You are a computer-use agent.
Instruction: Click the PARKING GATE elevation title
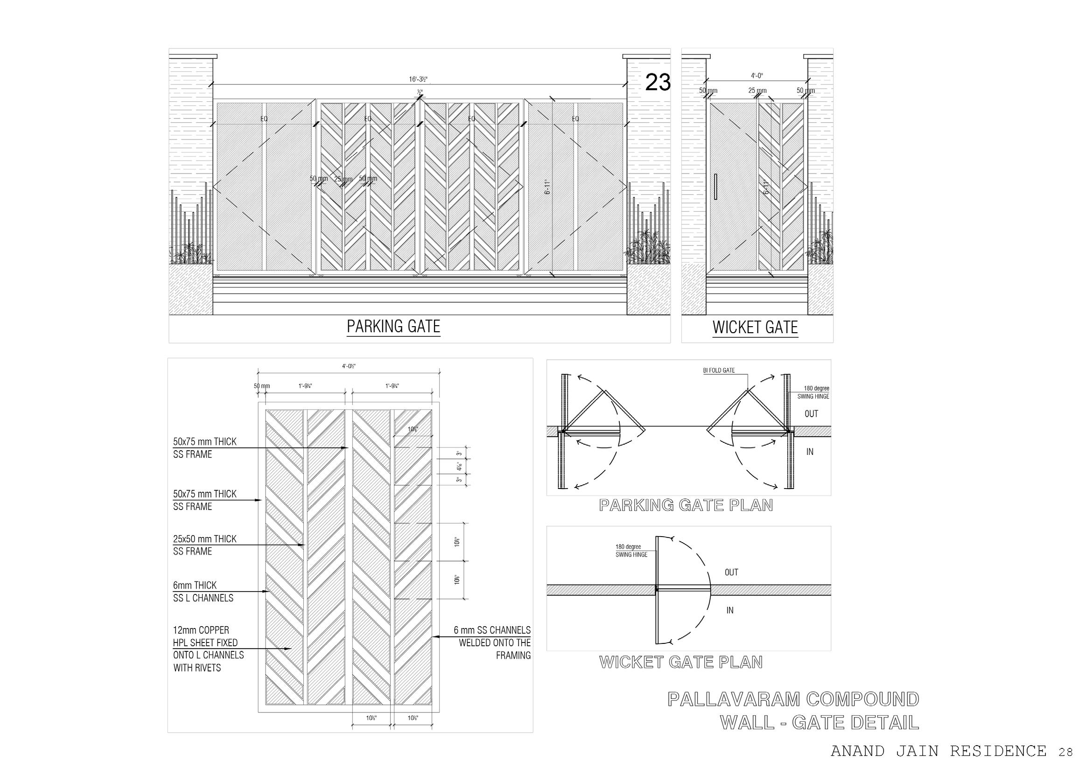[x=393, y=327]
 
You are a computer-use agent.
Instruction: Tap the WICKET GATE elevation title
[x=755, y=328]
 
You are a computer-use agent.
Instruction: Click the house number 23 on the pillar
[x=658, y=83]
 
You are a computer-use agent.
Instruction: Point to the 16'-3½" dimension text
[x=419, y=79]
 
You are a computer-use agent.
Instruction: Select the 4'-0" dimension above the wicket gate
[x=757, y=76]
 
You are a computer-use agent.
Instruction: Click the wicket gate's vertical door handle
[x=716, y=186]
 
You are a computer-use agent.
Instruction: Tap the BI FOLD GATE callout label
[x=719, y=370]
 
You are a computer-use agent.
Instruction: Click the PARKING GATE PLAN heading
[x=686, y=505]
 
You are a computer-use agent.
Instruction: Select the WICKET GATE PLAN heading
[x=680, y=662]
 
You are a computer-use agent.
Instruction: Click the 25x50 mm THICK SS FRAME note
[x=204, y=545]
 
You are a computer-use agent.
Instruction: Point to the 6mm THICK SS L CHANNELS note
[x=203, y=592]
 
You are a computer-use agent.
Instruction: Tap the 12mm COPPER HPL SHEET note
[x=208, y=649]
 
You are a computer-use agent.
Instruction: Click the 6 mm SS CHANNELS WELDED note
[x=492, y=642]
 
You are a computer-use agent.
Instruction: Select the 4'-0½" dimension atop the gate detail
[x=349, y=365]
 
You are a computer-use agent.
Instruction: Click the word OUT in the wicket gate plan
[x=731, y=572]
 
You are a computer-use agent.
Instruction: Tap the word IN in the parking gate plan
[x=810, y=452]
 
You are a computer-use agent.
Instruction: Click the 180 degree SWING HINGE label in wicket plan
[x=631, y=551]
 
